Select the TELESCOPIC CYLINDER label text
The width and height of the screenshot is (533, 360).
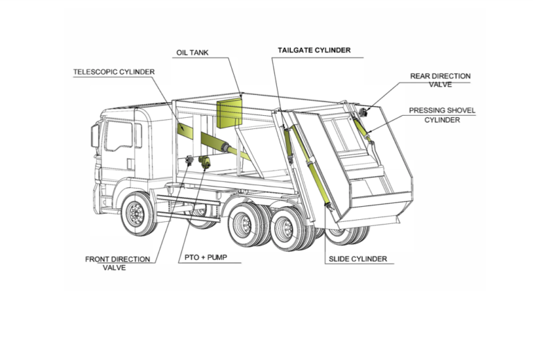coord(114,71)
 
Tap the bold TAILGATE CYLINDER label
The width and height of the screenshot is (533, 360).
coord(314,51)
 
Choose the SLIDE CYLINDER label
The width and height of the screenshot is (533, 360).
coord(357,259)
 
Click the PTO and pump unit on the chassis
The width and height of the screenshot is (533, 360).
coord(205,162)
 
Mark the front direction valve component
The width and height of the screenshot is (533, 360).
coord(189,160)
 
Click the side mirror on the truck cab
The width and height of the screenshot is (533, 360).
coord(95,135)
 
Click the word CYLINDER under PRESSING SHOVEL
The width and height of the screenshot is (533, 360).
coord(442,119)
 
